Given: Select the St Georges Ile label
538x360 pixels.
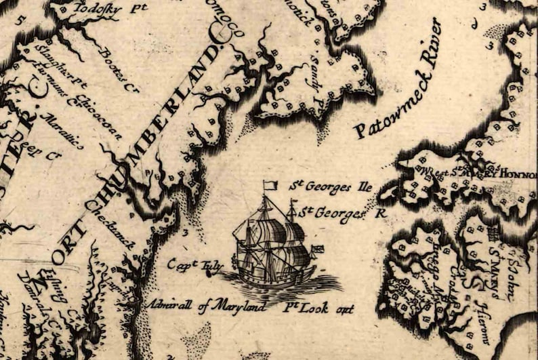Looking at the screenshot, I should pos(331,186).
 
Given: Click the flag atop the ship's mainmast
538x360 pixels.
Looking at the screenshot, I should pos(270,184).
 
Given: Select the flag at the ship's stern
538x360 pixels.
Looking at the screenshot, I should pos(316,249).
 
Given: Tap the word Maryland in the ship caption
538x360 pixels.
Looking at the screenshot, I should pos(230,306).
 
